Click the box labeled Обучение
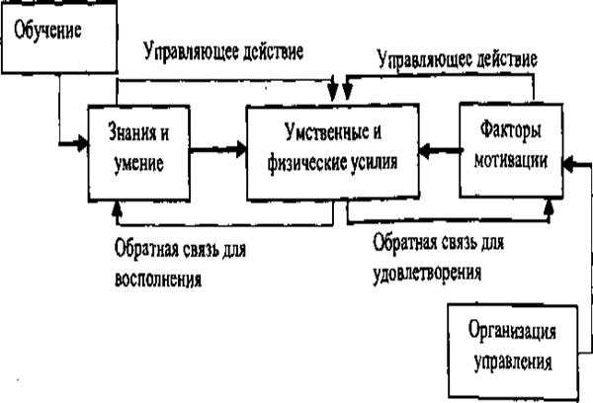[57, 39]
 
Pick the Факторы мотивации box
[508, 146]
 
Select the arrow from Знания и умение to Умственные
[216, 150]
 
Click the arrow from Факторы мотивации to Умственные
[436, 151]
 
